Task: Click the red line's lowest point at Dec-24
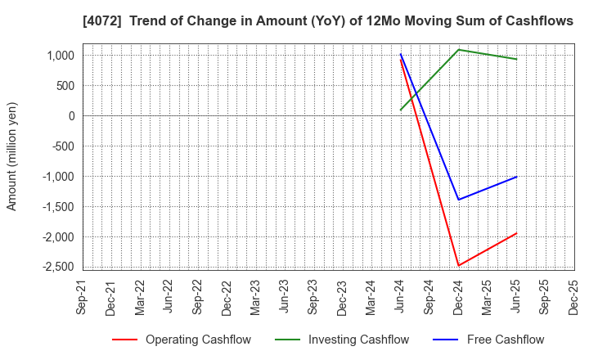tap(458, 265)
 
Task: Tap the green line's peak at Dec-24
tap(458, 50)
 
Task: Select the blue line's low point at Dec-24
tap(458, 200)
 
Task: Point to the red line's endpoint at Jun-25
tap(516, 233)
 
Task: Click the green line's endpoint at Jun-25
tap(516, 59)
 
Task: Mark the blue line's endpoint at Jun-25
tap(516, 177)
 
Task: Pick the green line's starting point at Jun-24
tap(401, 110)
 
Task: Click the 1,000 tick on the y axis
tap(61, 56)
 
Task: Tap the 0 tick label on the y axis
tap(72, 116)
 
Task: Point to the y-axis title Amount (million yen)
tap(12, 156)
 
